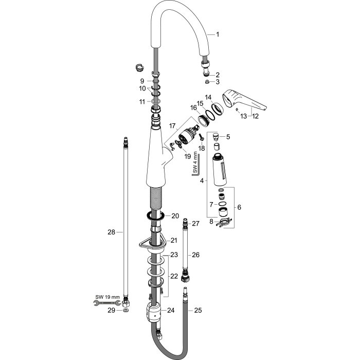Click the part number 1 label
coord(218,34)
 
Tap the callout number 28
coord(112,232)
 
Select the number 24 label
coord(171,311)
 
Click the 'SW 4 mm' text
coord(195,162)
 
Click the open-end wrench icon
coord(107,303)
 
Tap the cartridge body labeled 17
coord(187,136)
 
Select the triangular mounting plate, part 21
coord(152,244)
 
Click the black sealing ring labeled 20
coord(155,216)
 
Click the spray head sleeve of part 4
coord(220,169)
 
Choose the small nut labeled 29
coord(125,311)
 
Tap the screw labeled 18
coord(202,137)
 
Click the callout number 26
coord(195,255)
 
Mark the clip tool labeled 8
coord(223,223)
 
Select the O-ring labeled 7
coord(222,204)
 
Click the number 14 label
coord(208,97)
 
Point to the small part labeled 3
coord(207,81)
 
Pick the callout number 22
coord(174,276)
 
